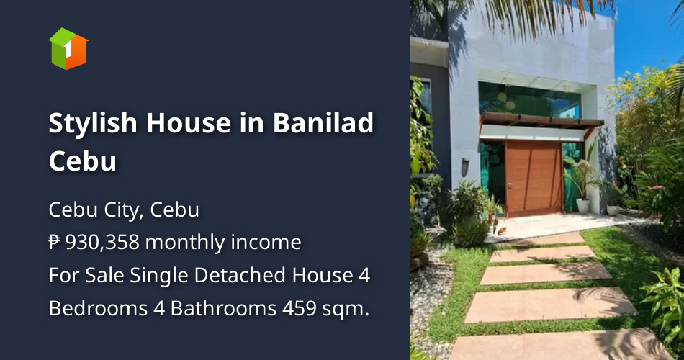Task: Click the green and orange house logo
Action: click(x=68, y=48)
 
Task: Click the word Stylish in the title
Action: click(x=93, y=124)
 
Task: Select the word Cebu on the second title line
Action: click(x=82, y=161)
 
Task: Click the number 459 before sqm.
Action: click(x=296, y=308)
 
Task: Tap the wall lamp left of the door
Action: click(x=465, y=163)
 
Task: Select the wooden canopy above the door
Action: click(x=540, y=120)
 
